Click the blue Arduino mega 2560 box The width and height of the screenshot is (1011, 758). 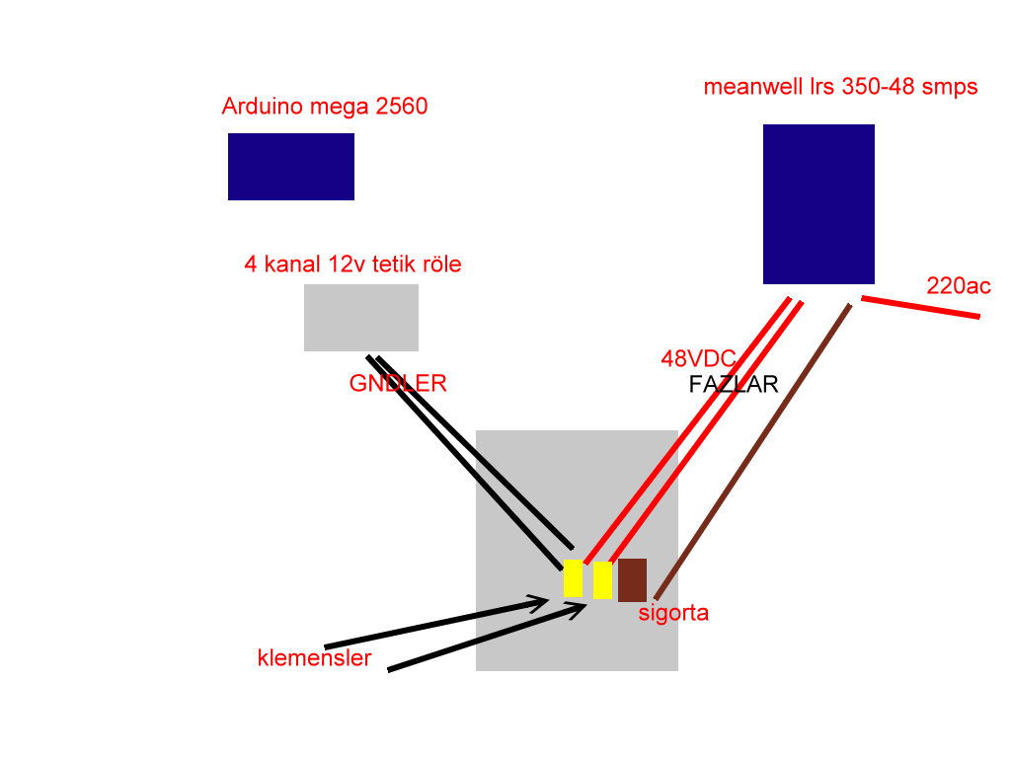[x=291, y=167]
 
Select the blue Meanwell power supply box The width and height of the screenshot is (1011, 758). [x=818, y=204]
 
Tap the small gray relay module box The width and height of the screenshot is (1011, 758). [x=361, y=318]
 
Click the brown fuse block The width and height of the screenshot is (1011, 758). [x=633, y=580]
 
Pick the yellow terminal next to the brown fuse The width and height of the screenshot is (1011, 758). [x=602, y=580]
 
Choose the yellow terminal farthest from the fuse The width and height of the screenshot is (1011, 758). [x=574, y=578]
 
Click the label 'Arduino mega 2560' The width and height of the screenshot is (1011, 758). [x=325, y=107]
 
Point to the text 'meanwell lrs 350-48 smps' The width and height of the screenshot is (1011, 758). [x=841, y=87]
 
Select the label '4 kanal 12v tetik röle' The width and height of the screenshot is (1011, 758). [x=352, y=265]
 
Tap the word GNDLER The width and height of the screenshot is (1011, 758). [x=398, y=384]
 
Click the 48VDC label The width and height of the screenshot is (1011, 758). [x=698, y=358]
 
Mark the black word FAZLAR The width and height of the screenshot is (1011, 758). [x=734, y=384]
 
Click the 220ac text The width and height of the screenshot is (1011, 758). [x=958, y=285]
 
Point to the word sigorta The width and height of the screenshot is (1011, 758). [x=673, y=613]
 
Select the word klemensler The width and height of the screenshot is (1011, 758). [x=315, y=658]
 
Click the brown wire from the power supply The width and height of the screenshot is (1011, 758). [x=752, y=452]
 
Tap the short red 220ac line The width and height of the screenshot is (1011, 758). [x=921, y=308]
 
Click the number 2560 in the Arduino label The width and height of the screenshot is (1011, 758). [x=401, y=107]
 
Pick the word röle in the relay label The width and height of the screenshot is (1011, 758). [x=441, y=265]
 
